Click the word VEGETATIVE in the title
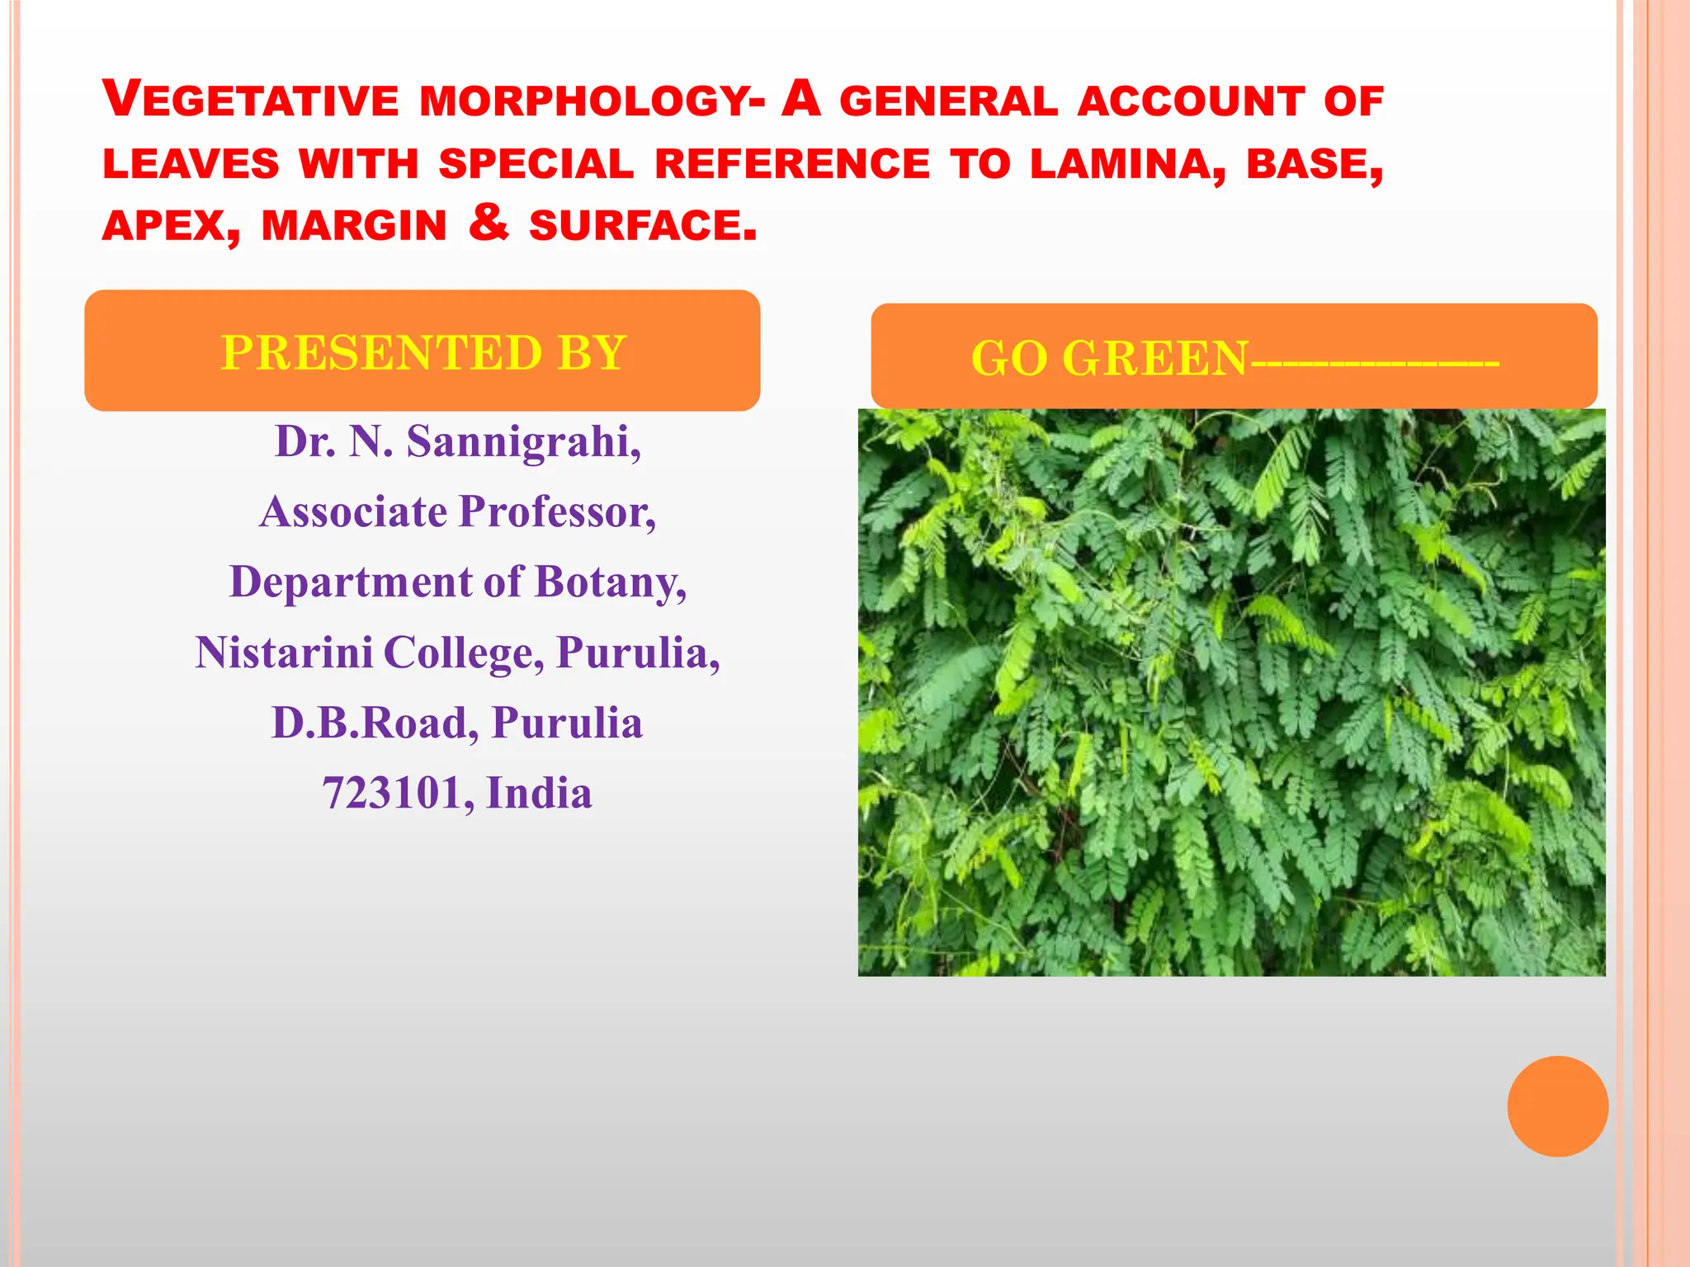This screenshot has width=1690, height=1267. [251, 100]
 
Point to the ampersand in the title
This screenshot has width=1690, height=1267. [489, 223]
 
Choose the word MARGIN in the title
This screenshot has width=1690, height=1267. [354, 226]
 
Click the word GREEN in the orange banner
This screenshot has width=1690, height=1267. [1155, 359]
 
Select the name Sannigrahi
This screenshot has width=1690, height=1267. [524, 442]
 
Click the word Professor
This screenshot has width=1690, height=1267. [558, 512]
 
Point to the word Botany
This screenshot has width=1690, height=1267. [611, 582]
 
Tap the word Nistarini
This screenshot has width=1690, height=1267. [284, 652]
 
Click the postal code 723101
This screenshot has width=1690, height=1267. [398, 794]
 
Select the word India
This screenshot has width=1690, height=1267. [540, 794]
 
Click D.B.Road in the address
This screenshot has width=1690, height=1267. [375, 723]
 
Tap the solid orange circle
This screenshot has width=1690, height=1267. [1557, 1106]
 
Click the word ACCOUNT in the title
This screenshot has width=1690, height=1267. [1191, 101]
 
